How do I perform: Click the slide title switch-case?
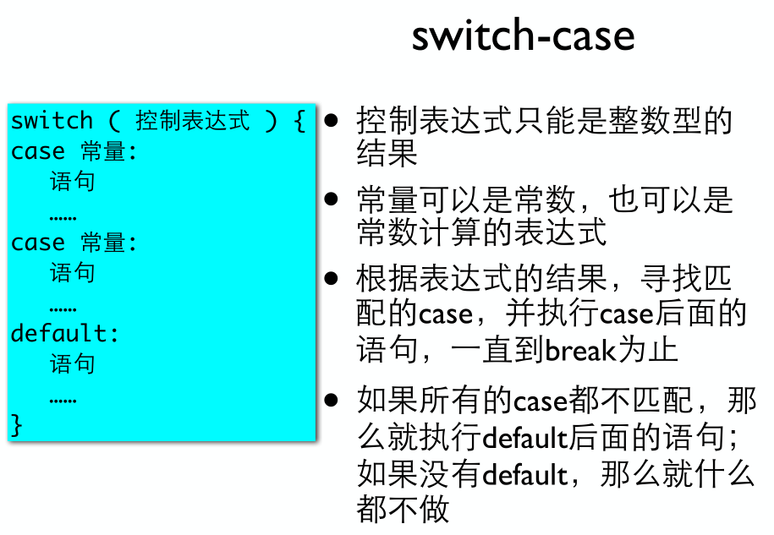(523, 35)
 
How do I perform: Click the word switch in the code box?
(52, 121)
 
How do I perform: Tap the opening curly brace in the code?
(299, 121)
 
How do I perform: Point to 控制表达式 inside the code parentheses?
(193, 121)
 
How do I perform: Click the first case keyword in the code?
(38, 151)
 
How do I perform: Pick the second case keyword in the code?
(38, 243)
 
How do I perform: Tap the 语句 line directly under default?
(72, 364)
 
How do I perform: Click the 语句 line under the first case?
(72, 182)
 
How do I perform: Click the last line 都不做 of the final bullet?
(403, 510)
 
